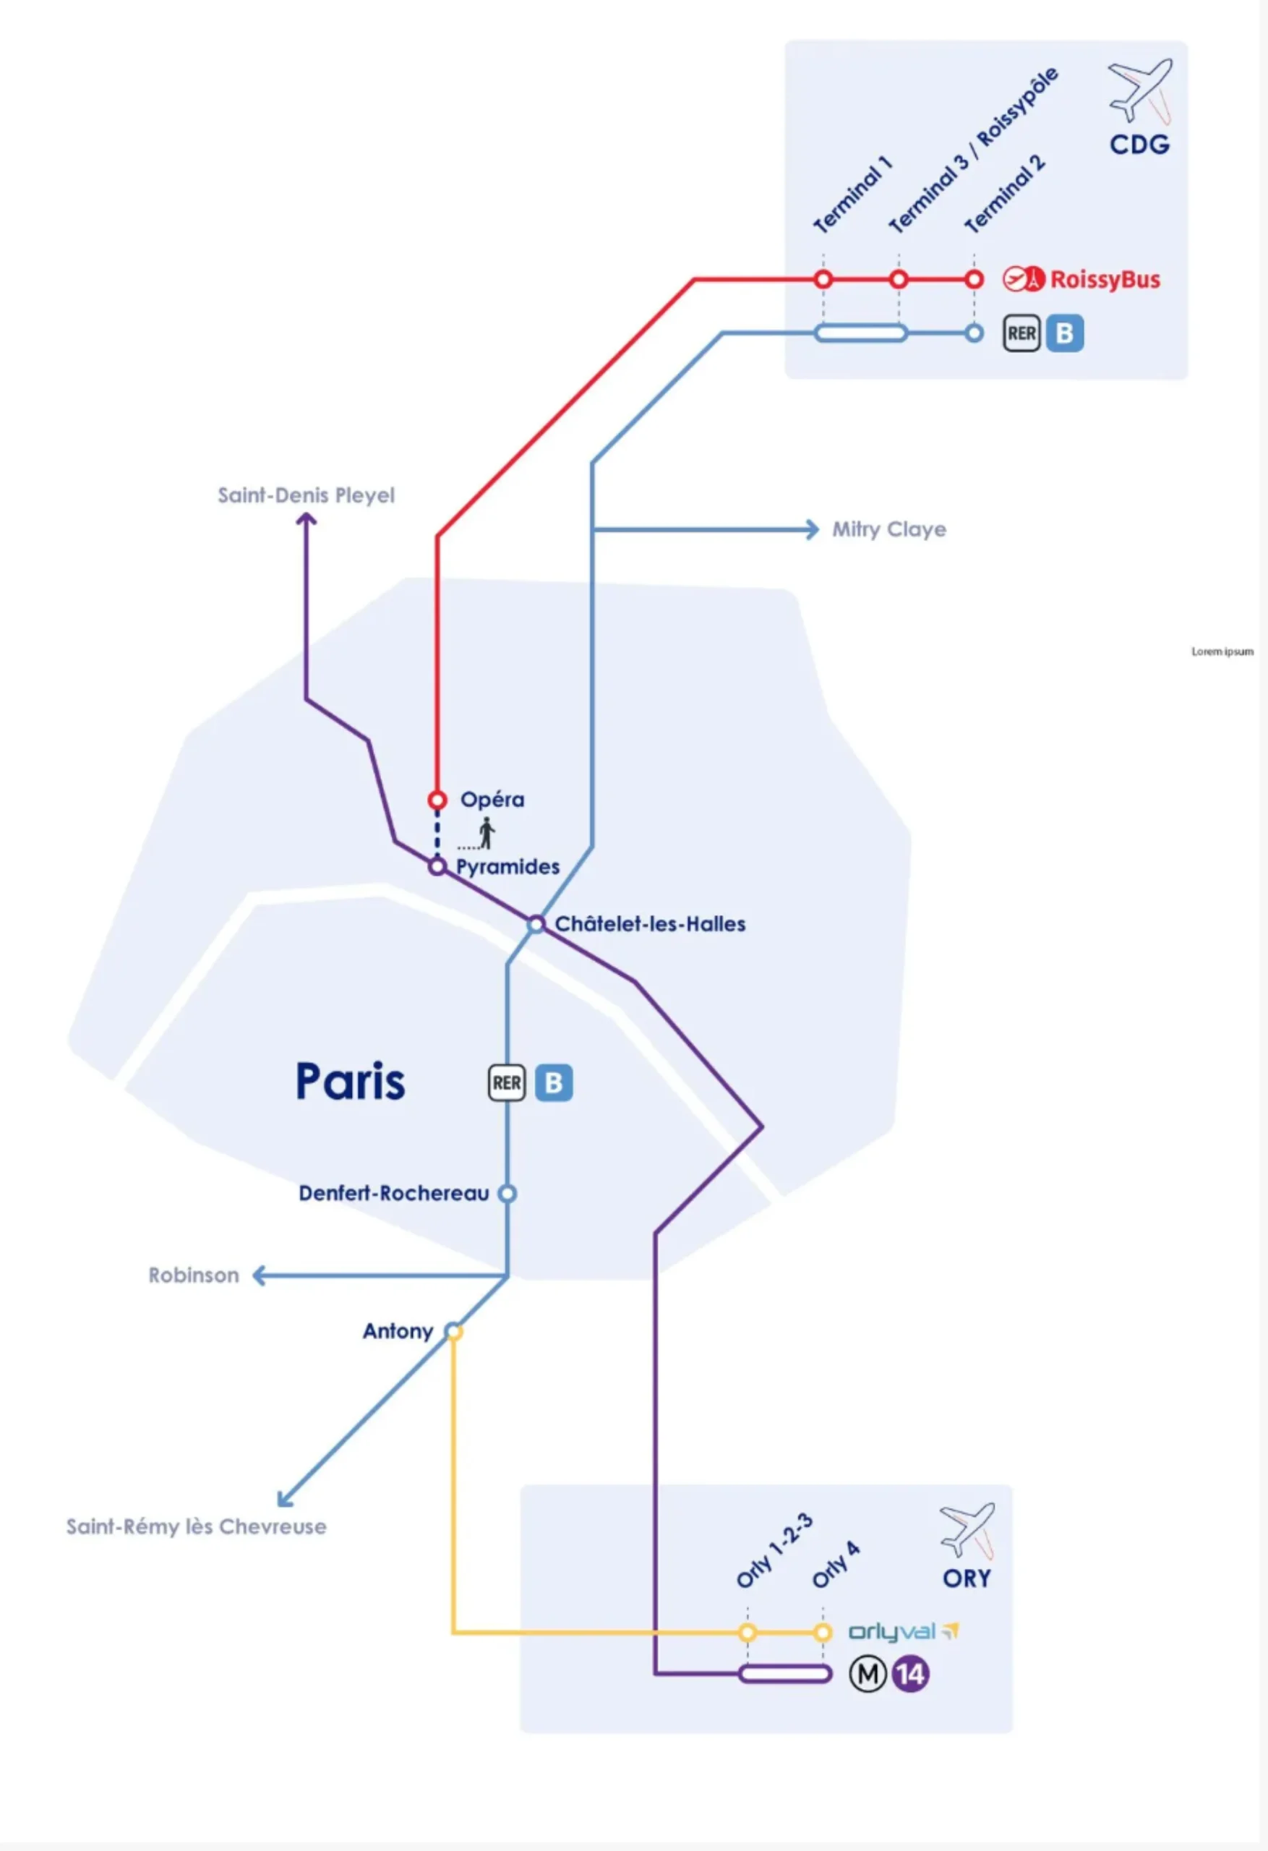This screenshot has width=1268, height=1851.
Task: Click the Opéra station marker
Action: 437,799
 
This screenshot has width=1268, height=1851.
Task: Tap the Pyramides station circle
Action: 437,865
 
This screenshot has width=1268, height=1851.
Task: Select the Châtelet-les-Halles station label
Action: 650,924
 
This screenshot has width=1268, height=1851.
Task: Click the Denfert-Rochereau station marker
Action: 507,1193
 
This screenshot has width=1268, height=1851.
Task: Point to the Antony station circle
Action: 453,1331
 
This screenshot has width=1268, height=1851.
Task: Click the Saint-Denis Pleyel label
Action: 306,495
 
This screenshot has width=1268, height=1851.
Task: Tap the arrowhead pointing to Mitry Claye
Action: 812,530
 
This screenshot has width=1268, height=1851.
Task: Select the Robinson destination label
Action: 194,1275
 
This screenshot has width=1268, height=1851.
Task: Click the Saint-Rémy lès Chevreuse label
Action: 196,1527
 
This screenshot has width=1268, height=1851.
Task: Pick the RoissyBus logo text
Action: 1105,280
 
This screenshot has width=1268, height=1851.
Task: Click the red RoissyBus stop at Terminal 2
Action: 973,280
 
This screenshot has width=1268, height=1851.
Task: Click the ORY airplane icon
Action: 968,1529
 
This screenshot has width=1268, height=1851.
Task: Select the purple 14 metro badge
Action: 910,1673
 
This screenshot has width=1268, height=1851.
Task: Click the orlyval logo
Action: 903,1632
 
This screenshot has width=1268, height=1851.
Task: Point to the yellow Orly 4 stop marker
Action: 823,1633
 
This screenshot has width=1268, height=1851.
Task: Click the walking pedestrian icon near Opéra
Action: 486,833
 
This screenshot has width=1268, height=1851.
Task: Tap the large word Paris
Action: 351,1082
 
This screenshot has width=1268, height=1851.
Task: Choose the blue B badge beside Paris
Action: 554,1083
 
